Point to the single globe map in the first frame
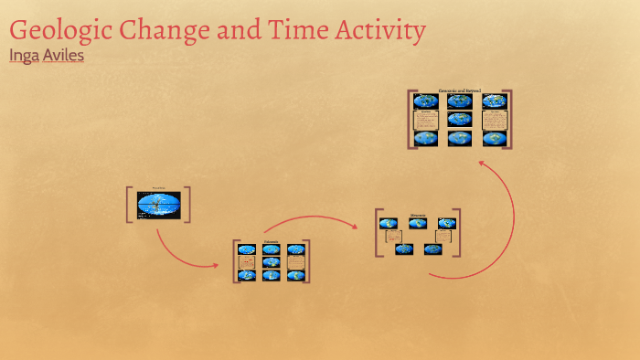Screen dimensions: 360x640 (x=158, y=206)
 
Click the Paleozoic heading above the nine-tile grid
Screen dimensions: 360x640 (x=271, y=242)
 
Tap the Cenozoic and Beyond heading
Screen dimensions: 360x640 (x=460, y=91)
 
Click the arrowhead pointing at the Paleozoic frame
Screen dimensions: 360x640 (x=216, y=266)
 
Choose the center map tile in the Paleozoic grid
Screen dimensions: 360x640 (x=271, y=262)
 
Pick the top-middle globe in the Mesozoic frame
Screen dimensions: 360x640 (x=417, y=223)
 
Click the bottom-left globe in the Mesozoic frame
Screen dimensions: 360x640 (x=403, y=249)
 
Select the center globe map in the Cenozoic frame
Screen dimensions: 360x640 (x=460, y=120)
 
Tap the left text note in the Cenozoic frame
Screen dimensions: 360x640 (x=425, y=120)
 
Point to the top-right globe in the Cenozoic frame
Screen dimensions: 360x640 (x=494, y=101)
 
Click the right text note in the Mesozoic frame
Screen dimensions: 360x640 (x=443, y=237)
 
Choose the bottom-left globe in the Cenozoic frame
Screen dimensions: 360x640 (x=425, y=138)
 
